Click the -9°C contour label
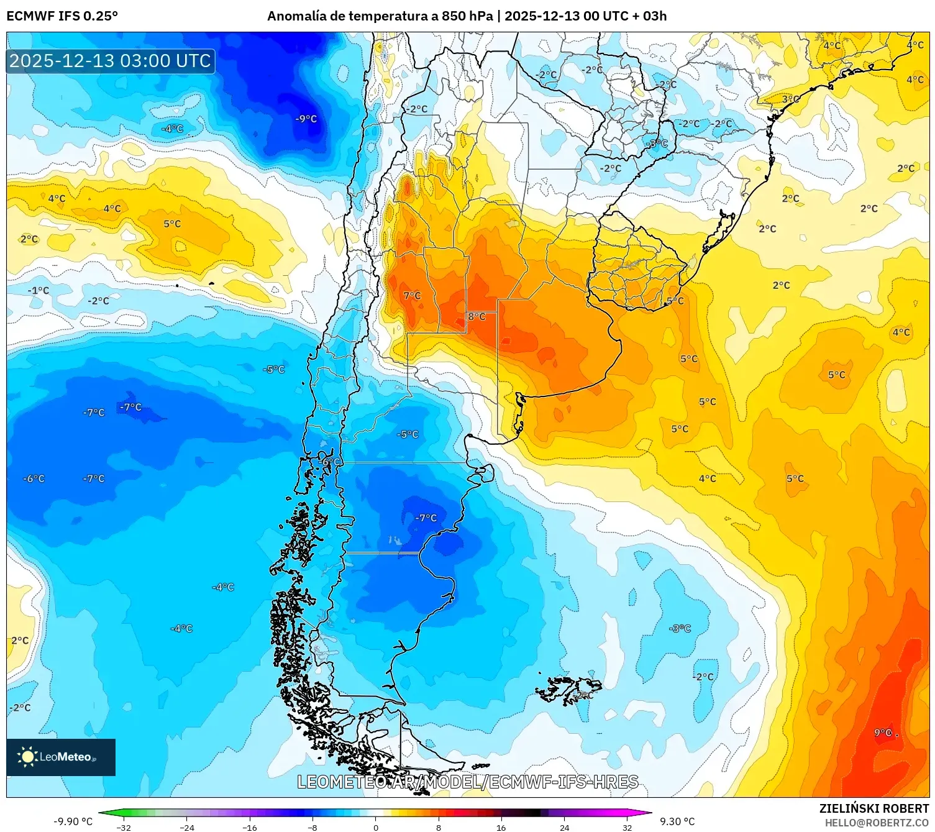tap(306, 119)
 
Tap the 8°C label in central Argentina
tap(477, 317)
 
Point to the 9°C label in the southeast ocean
tap(883, 733)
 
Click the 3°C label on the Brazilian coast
tap(790, 99)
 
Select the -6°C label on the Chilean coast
tap(331, 462)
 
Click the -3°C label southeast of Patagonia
tap(680, 628)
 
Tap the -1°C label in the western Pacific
tap(38, 290)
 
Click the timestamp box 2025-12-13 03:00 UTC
tap(111, 61)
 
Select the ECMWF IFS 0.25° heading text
tap(62, 16)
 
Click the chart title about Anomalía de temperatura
tap(467, 16)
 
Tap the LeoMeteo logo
tap(61, 757)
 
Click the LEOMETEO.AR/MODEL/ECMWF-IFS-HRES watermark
tap(467, 782)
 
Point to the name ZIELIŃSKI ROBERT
tap(873, 808)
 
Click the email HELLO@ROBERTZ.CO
tap(876, 823)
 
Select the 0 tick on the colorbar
tap(375, 828)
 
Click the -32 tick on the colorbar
tap(124, 828)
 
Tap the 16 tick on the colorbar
tap(501, 828)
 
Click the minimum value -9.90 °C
tap(73, 821)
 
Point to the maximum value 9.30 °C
tap(677, 821)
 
